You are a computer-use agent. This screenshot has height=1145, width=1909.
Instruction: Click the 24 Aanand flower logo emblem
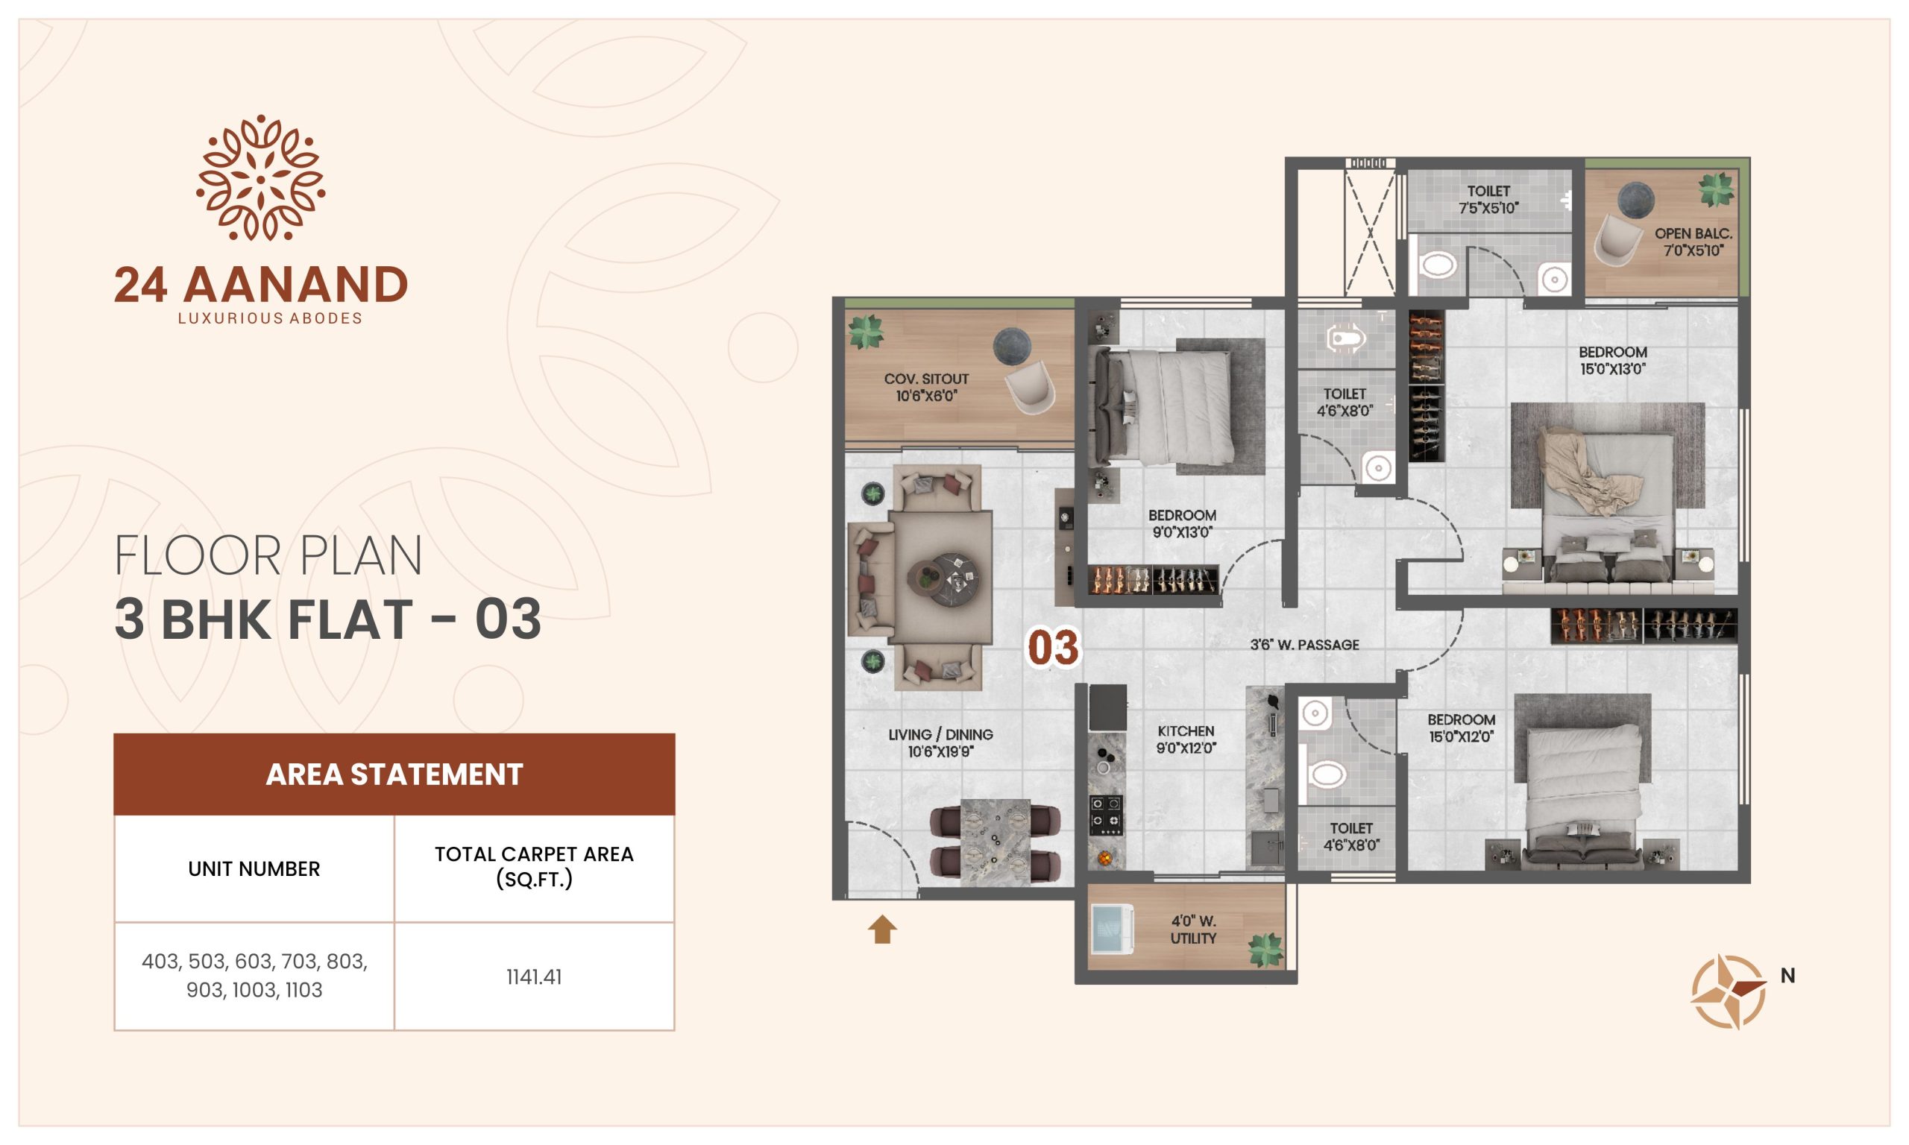pos(261,178)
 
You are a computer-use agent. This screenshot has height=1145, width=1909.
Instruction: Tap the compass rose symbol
pos(1729,991)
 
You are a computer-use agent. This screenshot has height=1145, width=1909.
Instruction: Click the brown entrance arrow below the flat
pos(882,929)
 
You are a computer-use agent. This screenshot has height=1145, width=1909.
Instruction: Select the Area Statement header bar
pos(394,774)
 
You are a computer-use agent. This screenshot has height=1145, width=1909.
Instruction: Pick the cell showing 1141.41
pos(534,977)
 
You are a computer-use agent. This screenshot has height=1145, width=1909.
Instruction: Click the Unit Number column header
pos(254,868)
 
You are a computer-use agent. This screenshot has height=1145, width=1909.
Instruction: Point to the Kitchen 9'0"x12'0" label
pos(1186,739)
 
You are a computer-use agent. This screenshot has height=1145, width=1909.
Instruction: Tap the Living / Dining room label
pos(940,743)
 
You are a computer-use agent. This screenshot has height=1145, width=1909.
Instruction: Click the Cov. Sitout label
pos(926,388)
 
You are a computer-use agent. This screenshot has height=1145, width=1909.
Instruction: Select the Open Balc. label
pos(1693,242)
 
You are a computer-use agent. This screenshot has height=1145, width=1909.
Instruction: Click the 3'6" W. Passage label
pos(1305,645)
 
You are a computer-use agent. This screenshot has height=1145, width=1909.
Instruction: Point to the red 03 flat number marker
pos(1053,647)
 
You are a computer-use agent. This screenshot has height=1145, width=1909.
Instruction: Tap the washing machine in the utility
pos(1112,928)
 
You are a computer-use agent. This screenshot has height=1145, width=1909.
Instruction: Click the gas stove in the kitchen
pos(1105,816)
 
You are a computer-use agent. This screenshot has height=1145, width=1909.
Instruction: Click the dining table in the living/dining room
pos(996,842)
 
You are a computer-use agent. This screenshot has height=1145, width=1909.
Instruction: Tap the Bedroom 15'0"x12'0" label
pos(1462,728)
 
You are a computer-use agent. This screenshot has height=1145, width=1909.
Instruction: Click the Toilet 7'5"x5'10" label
pos(1488,199)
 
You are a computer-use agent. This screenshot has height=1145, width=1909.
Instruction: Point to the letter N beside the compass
pos(1788,976)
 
